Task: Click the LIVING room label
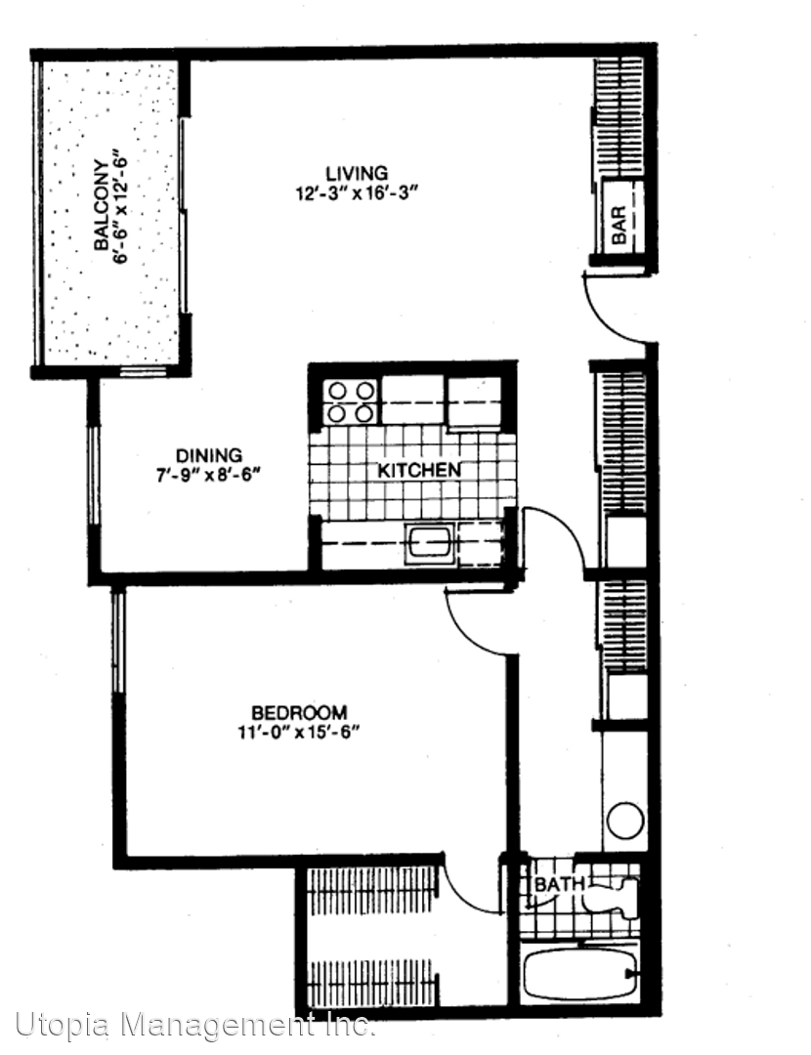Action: pos(357,173)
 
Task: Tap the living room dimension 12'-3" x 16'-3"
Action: pos(358,193)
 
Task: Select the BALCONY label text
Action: pos(101,205)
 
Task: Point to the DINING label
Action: pos(209,455)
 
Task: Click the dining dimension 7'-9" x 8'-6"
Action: pos(209,476)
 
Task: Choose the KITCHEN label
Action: pos(418,470)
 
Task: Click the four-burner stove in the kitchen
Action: pos(349,401)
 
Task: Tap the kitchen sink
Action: pos(430,544)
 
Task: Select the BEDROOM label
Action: pos(299,712)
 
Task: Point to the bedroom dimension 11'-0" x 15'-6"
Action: pos(299,732)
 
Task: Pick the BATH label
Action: pos(558,884)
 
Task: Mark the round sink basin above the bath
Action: pos(625,821)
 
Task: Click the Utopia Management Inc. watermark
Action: pos(195,1026)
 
